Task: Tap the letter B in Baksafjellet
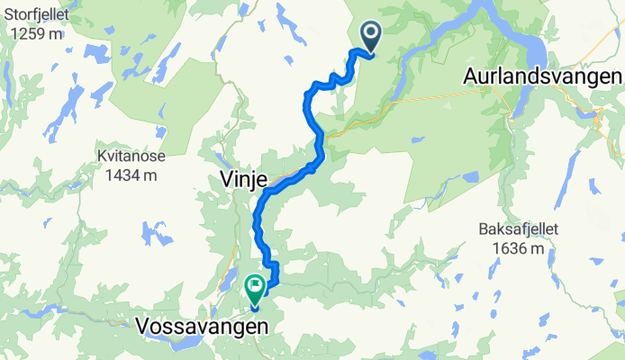click(483, 229)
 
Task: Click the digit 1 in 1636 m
click(496, 248)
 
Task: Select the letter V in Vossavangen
click(142, 326)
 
